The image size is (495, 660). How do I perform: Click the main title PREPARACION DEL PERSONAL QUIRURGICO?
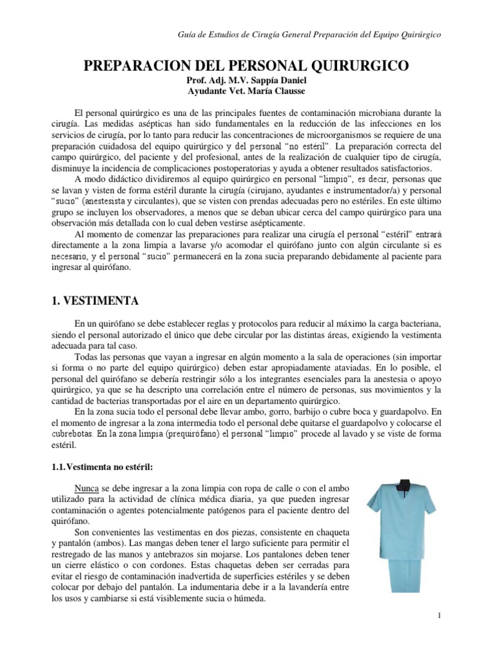coord(247,66)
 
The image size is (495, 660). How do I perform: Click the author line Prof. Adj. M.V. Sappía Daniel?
coord(247,81)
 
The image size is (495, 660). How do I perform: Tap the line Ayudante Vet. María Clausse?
coord(247,92)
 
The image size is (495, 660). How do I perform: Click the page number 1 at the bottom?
coord(439,616)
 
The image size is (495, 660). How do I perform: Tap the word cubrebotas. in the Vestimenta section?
coord(73,433)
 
